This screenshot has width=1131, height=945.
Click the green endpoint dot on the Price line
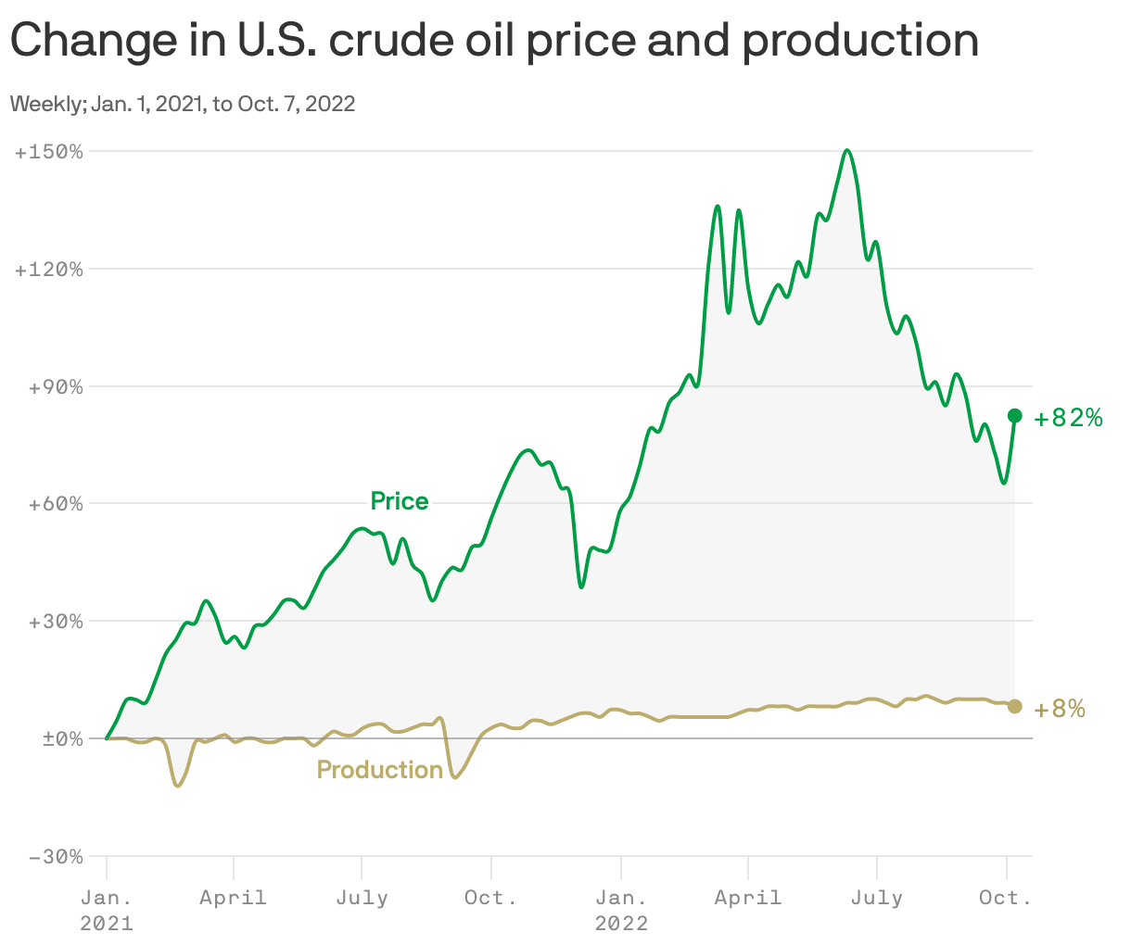pyautogui.click(x=1015, y=416)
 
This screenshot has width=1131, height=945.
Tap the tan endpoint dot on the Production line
pyautogui.click(x=1015, y=706)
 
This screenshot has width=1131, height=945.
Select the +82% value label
pyautogui.click(x=1069, y=419)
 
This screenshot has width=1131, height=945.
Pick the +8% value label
pyautogui.click(x=1060, y=710)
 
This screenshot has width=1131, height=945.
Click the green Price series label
pyautogui.click(x=400, y=501)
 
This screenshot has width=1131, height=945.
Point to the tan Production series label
pyautogui.click(x=380, y=770)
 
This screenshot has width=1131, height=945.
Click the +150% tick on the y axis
pyautogui.click(x=49, y=151)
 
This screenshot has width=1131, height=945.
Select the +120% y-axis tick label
pyautogui.click(x=49, y=270)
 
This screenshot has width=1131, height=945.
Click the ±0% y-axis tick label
pyautogui.click(x=58, y=739)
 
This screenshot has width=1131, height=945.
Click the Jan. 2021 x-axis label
pyautogui.click(x=107, y=910)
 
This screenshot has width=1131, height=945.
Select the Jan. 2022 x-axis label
pyautogui.click(x=621, y=910)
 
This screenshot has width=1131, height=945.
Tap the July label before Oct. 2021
pyautogui.click(x=362, y=898)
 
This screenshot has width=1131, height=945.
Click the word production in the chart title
pyautogui.click(x=860, y=41)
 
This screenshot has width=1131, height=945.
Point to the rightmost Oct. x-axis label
pyautogui.click(x=1006, y=898)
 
